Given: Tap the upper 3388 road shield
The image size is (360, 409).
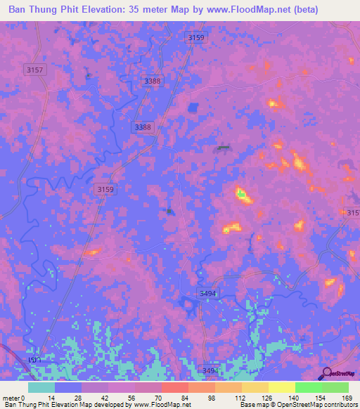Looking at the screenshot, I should point(150,82).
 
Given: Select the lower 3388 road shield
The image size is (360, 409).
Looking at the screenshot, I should point(143,126).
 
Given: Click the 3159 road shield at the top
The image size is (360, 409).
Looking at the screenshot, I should point(196,37).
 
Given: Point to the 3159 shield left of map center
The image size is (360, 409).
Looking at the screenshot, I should point(105,189).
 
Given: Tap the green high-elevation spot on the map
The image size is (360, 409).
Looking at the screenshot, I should point(241,193).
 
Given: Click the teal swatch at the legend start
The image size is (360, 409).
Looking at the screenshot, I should point(41,387).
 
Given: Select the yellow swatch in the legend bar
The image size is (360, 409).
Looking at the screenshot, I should point(282,387).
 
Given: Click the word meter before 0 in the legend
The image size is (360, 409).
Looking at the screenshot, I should point(13,397).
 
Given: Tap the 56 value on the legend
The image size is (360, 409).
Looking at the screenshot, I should point(135,397).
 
